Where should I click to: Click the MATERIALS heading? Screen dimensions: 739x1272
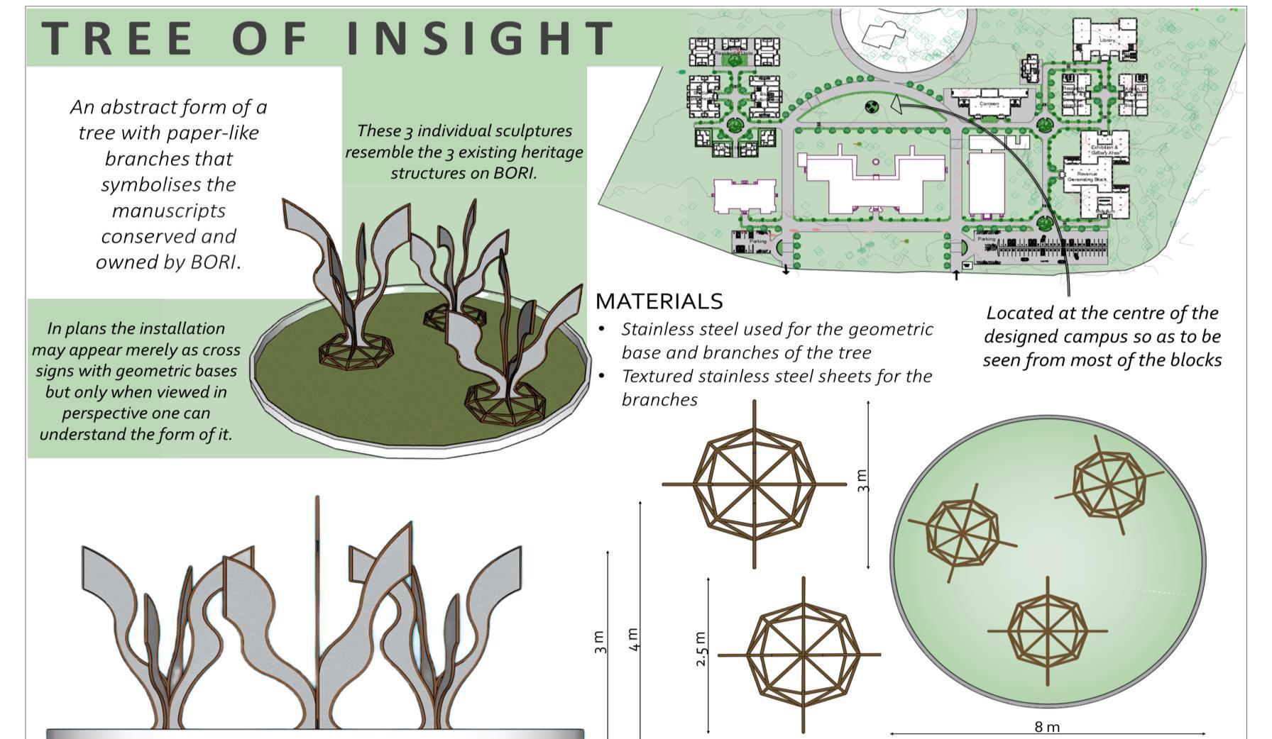[659, 301]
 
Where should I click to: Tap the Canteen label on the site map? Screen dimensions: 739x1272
[989, 104]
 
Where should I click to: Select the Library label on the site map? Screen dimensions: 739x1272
[1107, 40]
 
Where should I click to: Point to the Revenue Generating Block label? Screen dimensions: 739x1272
[1087, 176]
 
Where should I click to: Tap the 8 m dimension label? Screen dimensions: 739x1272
[1047, 726]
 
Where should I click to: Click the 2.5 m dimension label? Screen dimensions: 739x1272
[701, 648]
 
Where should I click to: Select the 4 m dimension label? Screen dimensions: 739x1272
[634, 638]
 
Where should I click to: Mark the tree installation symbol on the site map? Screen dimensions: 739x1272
[872, 107]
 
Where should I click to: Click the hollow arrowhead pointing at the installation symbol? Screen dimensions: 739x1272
[896, 105]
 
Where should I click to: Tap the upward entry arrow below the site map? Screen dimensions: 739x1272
[956, 274]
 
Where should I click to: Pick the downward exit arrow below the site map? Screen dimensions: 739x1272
[786, 270]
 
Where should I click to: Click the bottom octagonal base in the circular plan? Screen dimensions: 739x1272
[1048, 630]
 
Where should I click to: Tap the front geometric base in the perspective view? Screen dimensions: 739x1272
[505, 404]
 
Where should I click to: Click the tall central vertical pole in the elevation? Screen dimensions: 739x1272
[317, 610]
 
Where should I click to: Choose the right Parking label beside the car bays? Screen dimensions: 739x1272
[986, 239]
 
